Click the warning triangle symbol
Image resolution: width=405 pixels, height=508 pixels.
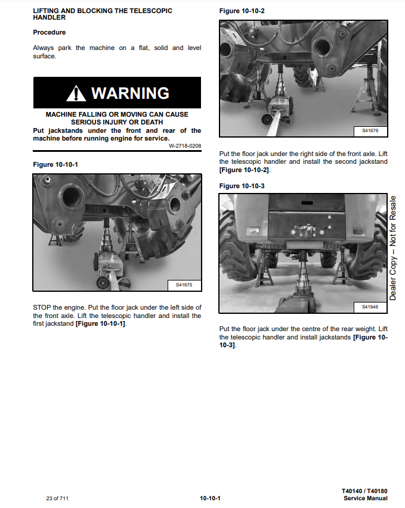[x=76, y=94]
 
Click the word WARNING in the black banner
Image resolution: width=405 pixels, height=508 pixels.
[x=130, y=94]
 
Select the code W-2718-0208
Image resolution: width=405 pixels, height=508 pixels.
[x=185, y=146]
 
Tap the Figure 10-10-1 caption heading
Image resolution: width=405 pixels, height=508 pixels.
[x=55, y=164]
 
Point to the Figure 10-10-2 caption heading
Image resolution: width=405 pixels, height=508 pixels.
[x=242, y=11]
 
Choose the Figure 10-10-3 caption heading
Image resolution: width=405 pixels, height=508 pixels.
[x=242, y=186]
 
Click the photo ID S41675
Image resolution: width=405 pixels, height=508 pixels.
[x=184, y=285]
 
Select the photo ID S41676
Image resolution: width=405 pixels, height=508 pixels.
[x=370, y=131]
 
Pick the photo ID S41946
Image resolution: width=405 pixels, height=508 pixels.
[x=370, y=307]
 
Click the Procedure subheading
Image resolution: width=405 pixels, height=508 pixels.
[x=50, y=32]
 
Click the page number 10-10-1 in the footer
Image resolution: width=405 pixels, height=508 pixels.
[x=210, y=498]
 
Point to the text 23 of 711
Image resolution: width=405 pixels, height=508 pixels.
[x=57, y=498]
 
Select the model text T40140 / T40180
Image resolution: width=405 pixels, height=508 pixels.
[x=364, y=491]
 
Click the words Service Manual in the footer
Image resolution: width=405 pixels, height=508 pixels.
[x=366, y=498]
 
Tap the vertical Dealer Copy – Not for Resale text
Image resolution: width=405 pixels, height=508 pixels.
[x=392, y=248]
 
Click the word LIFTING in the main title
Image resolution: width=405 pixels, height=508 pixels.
[x=46, y=11]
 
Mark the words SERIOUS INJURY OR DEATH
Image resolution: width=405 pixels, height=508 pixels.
[x=117, y=122]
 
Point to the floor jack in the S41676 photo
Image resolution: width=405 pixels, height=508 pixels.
[x=279, y=104]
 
